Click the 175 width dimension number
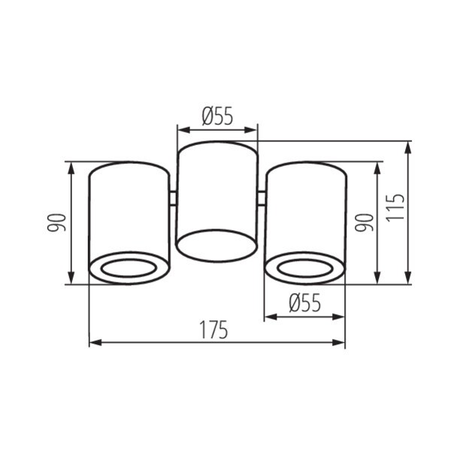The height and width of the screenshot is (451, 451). pyautogui.click(x=213, y=330)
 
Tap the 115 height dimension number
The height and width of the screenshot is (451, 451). pyautogui.click(x=395, y=208)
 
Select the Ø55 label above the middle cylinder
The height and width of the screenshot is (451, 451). pyautogui.click(x=217, y=116)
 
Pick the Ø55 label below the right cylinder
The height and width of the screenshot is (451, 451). pyautogui.click(x=304, y=303)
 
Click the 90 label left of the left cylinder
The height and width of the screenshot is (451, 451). pyautogui.click(x=57, y=222)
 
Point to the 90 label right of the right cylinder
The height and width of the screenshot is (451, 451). pyautogui.click(x=364, y=222)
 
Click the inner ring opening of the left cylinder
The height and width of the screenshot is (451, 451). pyautogui.click(x=129, y=260)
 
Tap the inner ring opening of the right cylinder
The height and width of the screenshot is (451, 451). pyautogui.click(x=305, y=260)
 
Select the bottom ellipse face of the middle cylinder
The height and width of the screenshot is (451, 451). pyautogui.click(x=216, y=230)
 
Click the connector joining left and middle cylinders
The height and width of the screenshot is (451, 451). pyautogui.click(x=173, y=198)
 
